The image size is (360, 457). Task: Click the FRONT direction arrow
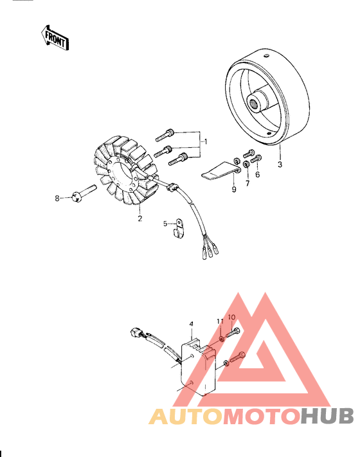pos(55,37)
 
